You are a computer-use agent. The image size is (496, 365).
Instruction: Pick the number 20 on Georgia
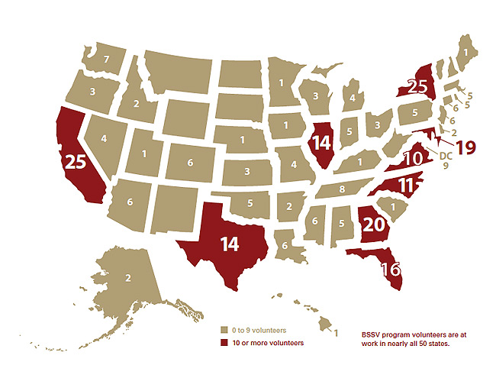click(x=373, y=224)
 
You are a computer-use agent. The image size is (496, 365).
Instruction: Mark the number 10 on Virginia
click(x=412, y=160)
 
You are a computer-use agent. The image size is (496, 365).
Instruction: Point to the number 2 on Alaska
click(x=127, y=279)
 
